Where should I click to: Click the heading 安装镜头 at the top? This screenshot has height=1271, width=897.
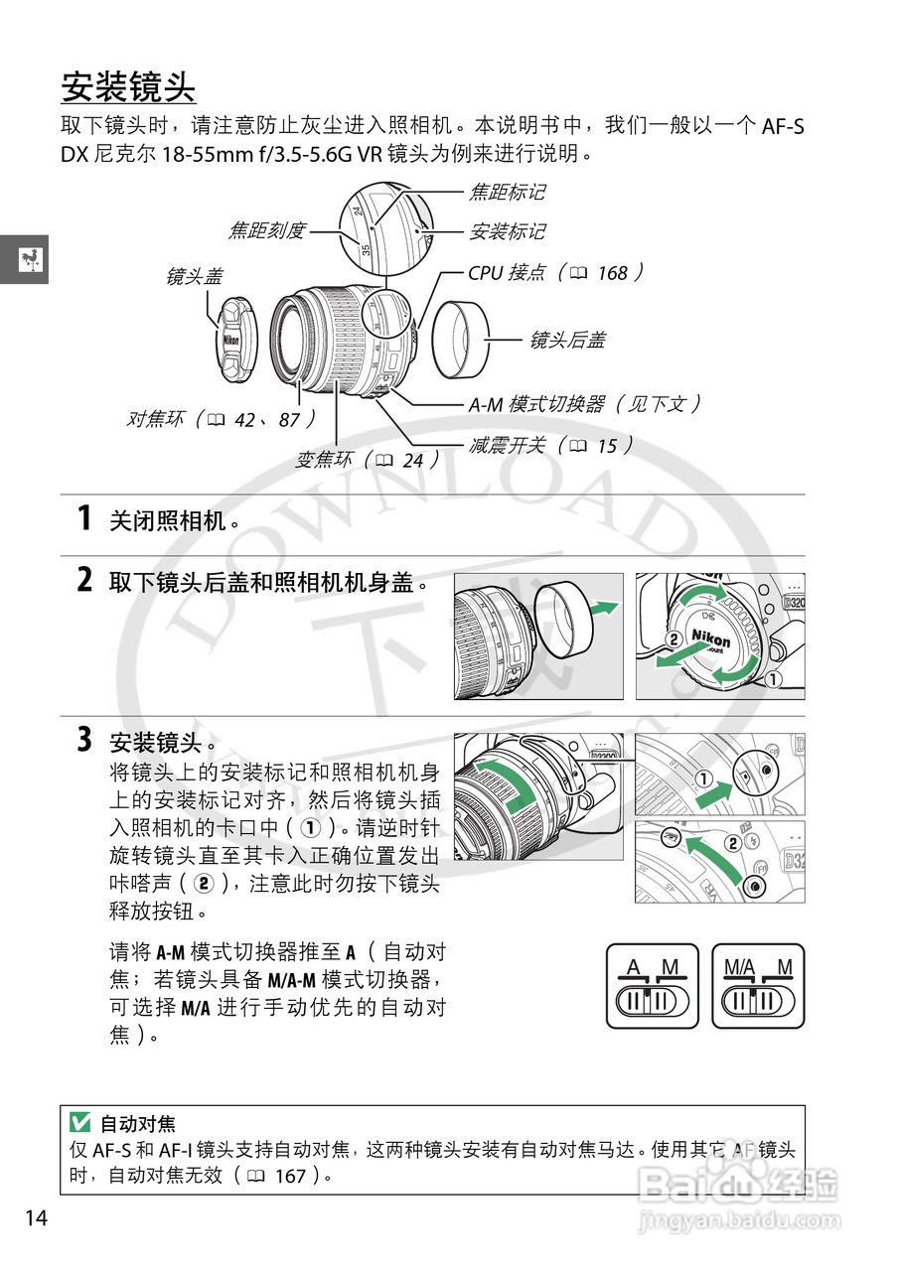click(128, 86)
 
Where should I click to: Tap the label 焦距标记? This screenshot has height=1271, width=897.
click(507, 192)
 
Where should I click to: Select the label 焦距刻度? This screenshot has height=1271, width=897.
click(266, 231)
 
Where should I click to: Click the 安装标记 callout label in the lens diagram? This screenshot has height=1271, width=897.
click(507, 231)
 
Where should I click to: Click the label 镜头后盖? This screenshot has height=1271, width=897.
click(566, 340)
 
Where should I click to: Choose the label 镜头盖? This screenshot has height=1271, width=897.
click(194, 277)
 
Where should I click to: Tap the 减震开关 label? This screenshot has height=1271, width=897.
click(549, 445)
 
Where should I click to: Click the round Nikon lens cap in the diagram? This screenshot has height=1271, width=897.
click(230, 340)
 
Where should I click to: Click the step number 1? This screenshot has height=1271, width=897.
click(85, 518)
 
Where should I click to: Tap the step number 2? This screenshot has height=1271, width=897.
click(85, 580)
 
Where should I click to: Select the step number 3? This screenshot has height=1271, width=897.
click(85, 740)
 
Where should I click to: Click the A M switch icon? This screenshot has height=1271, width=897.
click(652, 986)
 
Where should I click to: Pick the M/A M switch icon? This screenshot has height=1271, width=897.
click(758, 986)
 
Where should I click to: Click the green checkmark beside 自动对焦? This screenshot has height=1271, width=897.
click(79, 1123)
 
